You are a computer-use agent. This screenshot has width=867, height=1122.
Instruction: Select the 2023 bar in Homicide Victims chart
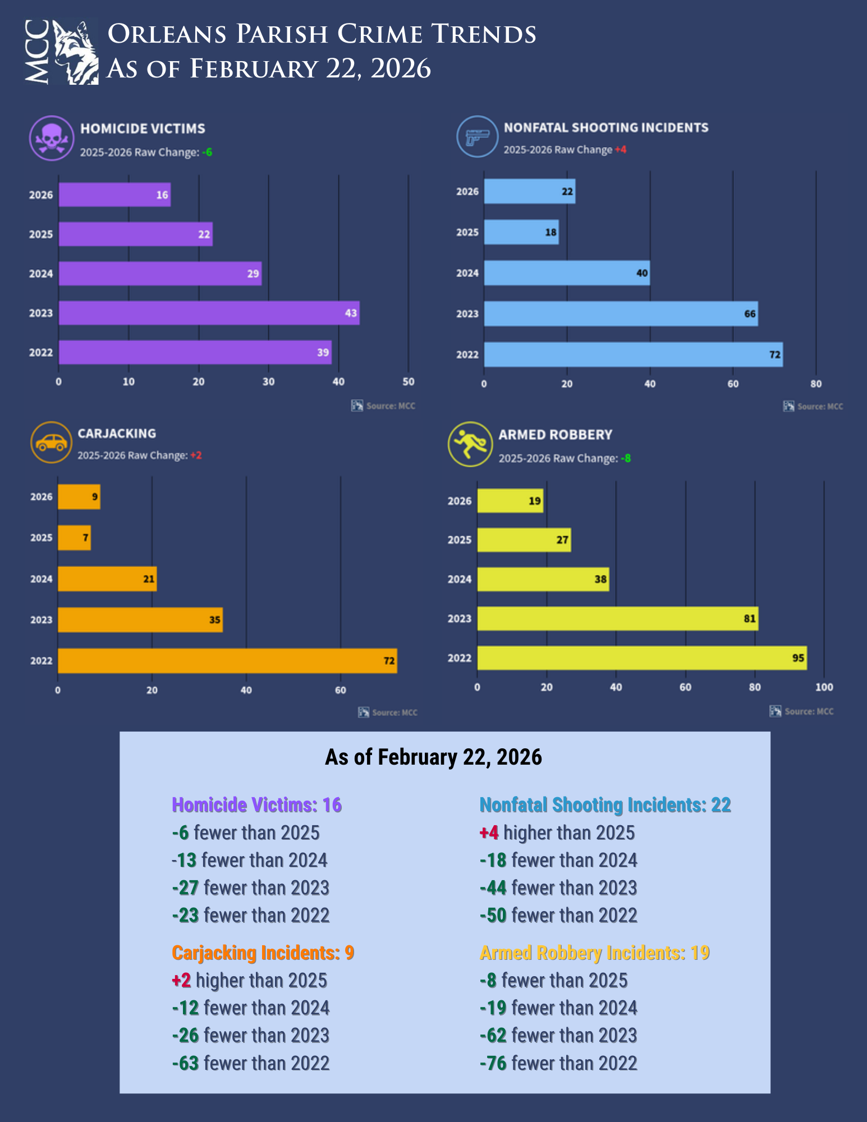(x=209, y=312)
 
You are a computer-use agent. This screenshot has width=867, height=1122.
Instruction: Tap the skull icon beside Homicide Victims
(x=52, y=138)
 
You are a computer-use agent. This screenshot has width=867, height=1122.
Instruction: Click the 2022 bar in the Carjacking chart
(x=227, y=660)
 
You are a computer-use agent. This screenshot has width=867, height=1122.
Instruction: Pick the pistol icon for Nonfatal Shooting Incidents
(x=477, y=136)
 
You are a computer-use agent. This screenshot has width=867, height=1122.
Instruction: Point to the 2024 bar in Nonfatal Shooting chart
(x=567, y=273)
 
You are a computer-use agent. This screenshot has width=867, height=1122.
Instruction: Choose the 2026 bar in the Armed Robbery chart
(x=510, y=500)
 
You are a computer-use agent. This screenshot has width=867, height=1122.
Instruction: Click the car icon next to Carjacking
(x=51, y=443)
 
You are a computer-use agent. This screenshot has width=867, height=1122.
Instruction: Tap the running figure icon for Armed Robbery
(x=470, y=444)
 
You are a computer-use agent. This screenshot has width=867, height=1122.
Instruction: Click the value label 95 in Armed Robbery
(x=798, y=657)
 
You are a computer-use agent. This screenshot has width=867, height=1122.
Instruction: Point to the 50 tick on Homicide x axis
(x=409, y=381)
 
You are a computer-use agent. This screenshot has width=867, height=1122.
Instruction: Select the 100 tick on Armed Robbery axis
(x=824, y=687)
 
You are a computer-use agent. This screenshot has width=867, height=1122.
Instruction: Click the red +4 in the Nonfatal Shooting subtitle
(x=620, y=150)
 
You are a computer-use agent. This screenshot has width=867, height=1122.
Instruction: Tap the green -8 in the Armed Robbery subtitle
(x=626, y=458)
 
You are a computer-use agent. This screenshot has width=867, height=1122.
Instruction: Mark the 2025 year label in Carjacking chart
(x=41, y=537)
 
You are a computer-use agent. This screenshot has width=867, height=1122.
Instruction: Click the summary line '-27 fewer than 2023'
(x=250, y=888)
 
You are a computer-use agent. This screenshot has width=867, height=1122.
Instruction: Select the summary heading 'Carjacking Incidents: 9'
(x=263, y=953)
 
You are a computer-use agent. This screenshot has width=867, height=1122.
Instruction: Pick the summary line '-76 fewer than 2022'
(x=558, y=1063)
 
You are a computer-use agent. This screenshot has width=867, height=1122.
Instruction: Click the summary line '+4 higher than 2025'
(x=557, y=833)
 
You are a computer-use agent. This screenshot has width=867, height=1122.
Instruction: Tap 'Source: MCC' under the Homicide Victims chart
(x=390, y=406)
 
